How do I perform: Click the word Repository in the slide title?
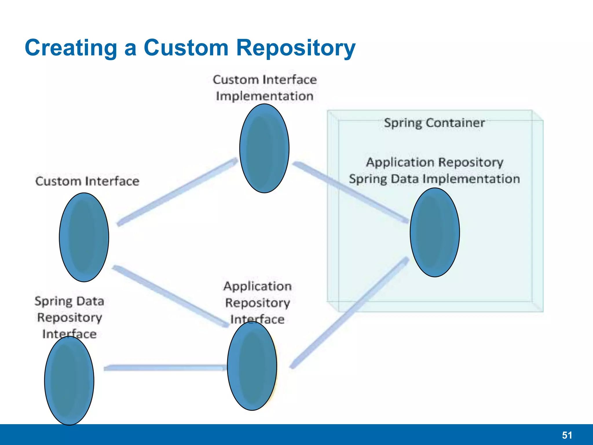tap(296, 48)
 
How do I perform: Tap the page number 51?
tap(567, 435)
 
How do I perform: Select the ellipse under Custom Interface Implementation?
tap(264, 148)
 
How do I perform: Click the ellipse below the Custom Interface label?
tap(84, 237)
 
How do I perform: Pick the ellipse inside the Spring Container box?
tap(435, 232)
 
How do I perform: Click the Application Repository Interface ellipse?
tap(252, 366)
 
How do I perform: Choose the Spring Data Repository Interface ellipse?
tap(69, 381)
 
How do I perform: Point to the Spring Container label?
tap(434, 123)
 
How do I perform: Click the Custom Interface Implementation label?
tap(265, 88)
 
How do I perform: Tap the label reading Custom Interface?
tap(87, 181)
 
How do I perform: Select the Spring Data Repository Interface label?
tap(69, 317)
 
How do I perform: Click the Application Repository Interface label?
tap(257, 302)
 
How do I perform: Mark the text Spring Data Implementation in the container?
tap(434, 179)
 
